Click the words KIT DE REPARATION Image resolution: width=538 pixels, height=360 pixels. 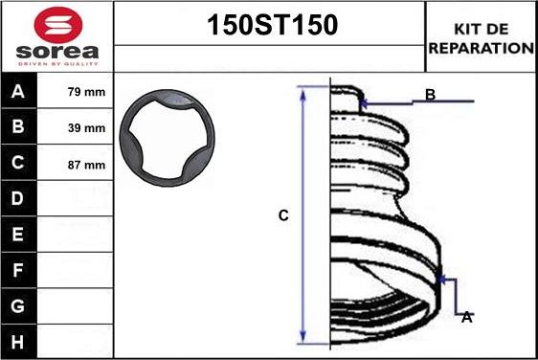tap(482, 37)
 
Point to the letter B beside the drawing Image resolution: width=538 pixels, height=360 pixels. tap(431, 94)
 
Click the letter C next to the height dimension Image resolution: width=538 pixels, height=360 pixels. tap(283, 216)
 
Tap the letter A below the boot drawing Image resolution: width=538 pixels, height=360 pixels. tap(466, 317)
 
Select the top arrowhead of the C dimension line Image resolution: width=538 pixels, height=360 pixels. tap(303, 91)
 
